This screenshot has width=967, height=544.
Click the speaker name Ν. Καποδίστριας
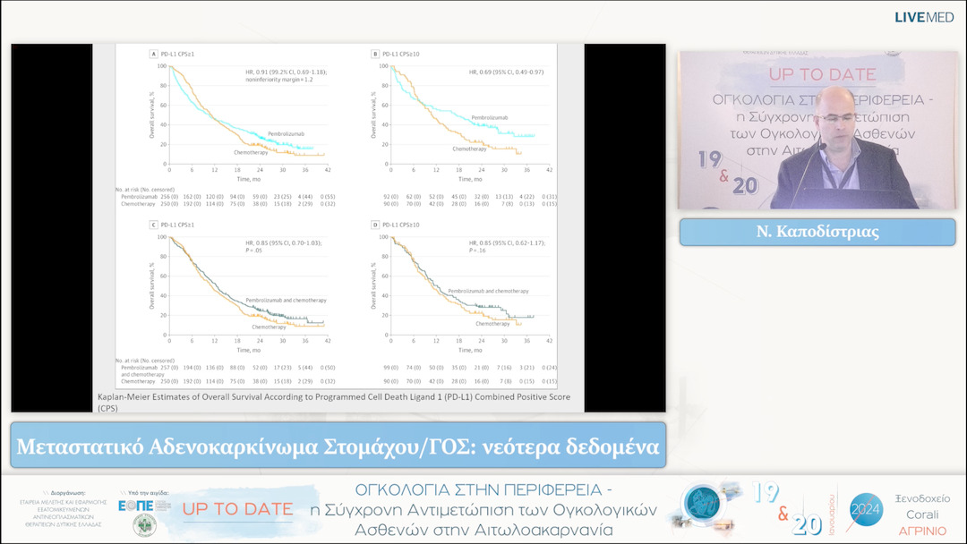pos(817,233)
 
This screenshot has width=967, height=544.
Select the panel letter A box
pos(153,55)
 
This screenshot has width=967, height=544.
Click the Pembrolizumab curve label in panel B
pos(490,117)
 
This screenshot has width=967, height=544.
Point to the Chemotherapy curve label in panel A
pos(250,152)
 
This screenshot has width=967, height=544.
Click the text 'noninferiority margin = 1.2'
pos(283,80)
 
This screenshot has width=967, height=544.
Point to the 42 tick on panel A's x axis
pos(328,170)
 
